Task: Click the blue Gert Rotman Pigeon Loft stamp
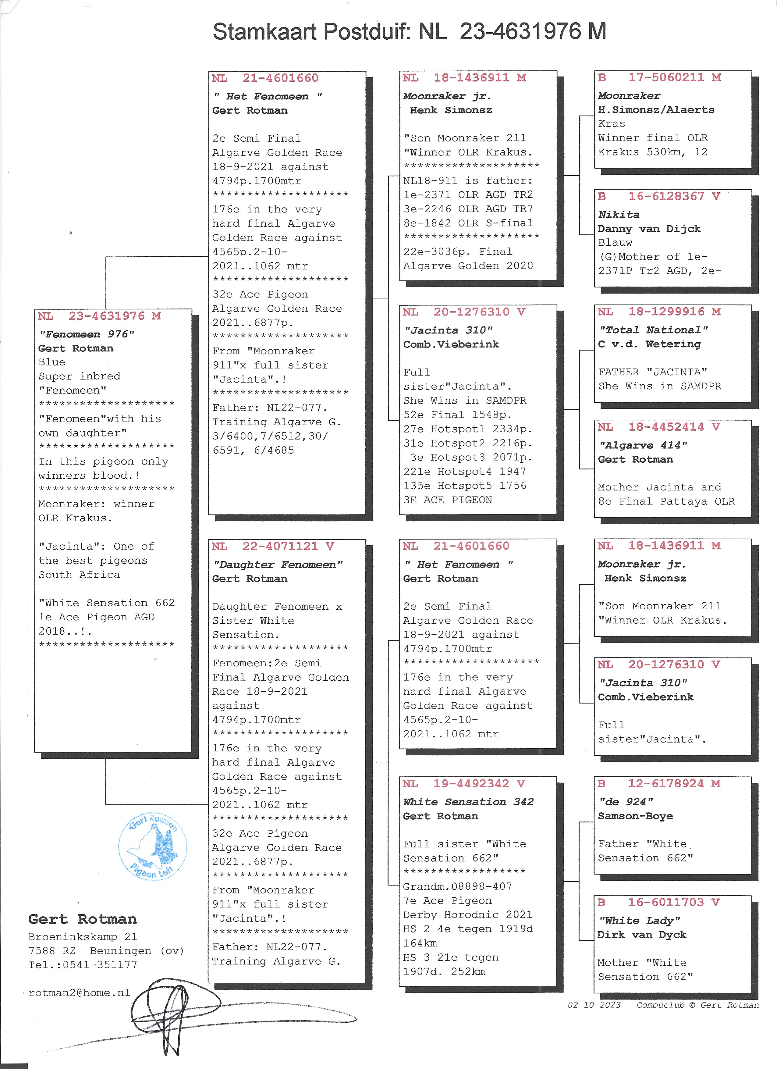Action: click(x=152, y=846)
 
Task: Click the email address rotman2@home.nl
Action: click(x=79, y=992)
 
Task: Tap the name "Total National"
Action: click(x=653, y=330)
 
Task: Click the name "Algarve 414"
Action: click(x=643, y=445)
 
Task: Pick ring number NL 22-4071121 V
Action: click(x=273, y=546)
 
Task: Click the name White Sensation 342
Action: click(x=468, y=802)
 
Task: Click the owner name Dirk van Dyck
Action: click(x=642, y=935)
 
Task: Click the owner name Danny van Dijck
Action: click(x=649, y=229)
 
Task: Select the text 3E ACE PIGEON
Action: click(x=447, y=500)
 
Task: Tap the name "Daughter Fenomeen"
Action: click(x=278, y=565)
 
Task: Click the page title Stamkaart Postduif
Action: click(x=311, y=32)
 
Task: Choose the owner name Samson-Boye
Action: click(x=635, y=816)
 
